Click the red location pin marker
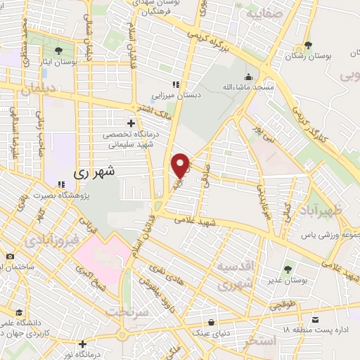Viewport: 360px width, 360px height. (x=181, y=165)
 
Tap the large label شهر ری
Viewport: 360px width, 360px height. (x=99, y=171)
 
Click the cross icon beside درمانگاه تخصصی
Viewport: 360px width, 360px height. (x=131, y=123)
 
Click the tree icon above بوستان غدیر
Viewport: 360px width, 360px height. (x=288, y=269)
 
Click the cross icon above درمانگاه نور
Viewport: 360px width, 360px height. (x=84, y=344)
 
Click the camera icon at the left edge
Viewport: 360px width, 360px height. (x=10, y=257)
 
